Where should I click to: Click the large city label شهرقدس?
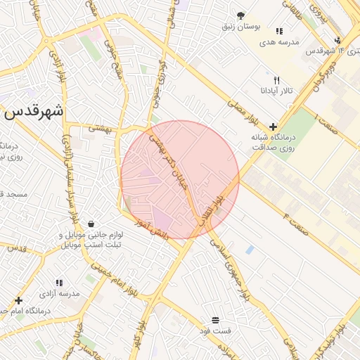[33, 111]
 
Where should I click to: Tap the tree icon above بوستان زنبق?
[241, 15]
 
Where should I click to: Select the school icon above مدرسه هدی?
[279, 31]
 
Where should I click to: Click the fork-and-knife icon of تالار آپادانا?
[276, 80]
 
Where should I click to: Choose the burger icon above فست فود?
[214, 320]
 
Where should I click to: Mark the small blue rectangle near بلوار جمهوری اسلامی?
[250, 250]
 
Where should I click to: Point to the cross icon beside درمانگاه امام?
[18, 301]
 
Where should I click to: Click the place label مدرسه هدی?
[279, 42]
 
